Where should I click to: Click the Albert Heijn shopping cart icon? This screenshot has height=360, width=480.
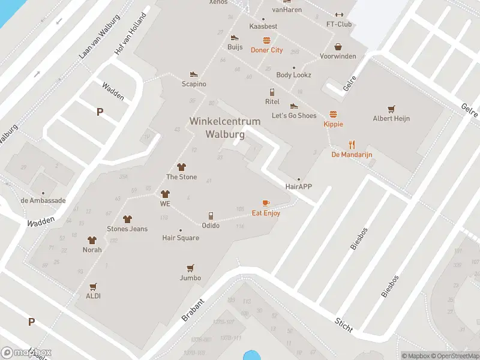tap(391, 109)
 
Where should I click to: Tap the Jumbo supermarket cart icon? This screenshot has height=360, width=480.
tap(190, 268)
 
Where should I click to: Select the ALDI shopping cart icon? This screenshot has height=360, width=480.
tap(93, 287)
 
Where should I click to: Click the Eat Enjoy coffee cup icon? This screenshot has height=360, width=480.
tap(266, 203)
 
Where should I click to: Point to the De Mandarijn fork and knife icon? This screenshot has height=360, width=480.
tap(352, 145)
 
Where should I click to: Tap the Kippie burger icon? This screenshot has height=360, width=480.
tap(333, 114)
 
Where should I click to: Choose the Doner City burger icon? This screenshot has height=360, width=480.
tap(266, 40)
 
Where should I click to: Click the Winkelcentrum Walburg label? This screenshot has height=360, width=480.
tap(225, 128)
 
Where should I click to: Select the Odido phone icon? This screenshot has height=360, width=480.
tap(211, 215)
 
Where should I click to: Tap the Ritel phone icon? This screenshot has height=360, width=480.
tap(272, 92)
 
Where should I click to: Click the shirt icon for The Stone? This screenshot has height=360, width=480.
tap(181, 167)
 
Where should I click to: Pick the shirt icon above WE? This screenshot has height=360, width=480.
tap(165, 194)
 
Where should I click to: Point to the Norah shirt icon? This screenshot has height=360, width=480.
tap(92, 240)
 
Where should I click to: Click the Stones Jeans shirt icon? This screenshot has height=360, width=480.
tap(127, 219)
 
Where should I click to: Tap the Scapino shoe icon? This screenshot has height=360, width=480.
tap(194, 74)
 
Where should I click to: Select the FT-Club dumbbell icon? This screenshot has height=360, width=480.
tap(339, 15)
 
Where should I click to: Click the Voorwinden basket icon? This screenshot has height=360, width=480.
tap(338, 46)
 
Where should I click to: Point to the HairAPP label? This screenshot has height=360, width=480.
tap(299, 187)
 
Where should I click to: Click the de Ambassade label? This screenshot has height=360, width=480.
tap(43, 200)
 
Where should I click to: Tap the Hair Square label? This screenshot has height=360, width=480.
tap(181, 238)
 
